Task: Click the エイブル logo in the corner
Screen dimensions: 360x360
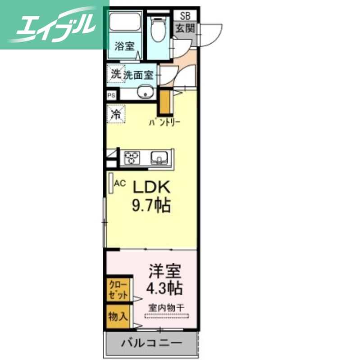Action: coord(54,25)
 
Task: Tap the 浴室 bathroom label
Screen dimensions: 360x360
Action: coord(124,45)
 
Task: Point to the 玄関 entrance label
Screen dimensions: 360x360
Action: coord(185,29)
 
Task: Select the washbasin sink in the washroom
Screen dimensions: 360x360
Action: coord(146,92)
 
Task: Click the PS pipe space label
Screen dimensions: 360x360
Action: coord(111,95)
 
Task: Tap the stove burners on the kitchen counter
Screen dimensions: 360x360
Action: coord(132,157)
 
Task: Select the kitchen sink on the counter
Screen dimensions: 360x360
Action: coord(160,157)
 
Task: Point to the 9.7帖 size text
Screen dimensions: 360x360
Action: coord(150,206)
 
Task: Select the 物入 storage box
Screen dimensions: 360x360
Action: coord(117,316)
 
